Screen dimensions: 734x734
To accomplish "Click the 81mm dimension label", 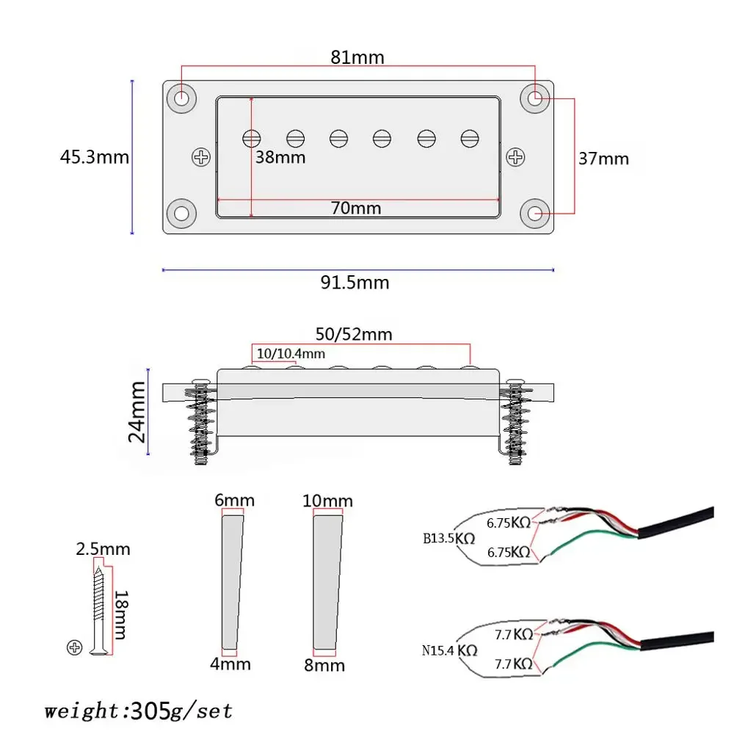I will tap(357, 57).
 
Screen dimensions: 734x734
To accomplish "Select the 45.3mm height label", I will tap(95, 157).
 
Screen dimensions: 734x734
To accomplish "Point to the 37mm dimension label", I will tap(603, 159).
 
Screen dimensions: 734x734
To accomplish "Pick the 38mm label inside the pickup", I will tap(280, 157).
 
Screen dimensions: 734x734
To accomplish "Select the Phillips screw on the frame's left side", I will tap(200, 156).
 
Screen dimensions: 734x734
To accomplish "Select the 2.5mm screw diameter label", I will tap(103, 549).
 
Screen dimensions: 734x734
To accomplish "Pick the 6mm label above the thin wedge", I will tap(235, 501).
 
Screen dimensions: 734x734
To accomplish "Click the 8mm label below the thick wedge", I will tap(324, 665).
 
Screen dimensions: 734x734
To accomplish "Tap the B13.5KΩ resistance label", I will tap(449, 537).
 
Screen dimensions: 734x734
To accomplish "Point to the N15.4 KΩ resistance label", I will tap(450, 650).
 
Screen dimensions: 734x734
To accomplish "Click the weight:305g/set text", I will tap(138, 711).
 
